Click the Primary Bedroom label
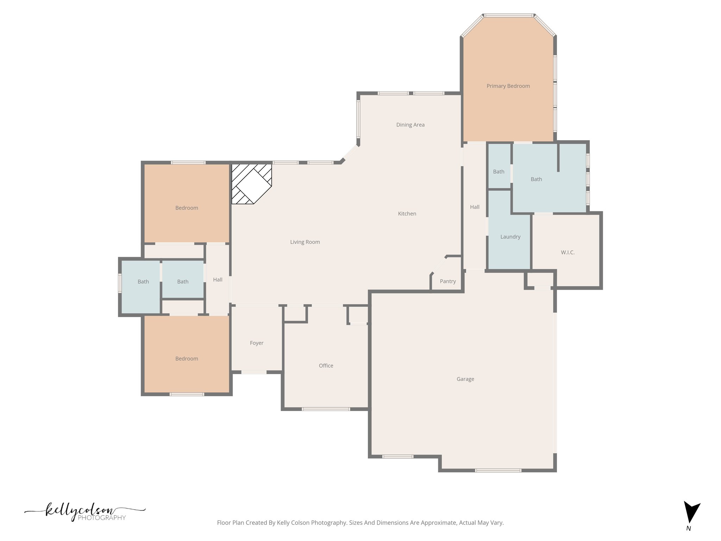point(508,86)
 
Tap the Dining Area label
point(410,125)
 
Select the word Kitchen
point(407,213)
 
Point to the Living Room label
point(305,242)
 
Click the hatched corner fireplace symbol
point(251,184)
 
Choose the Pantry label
point(447,281)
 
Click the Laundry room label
point(510,237)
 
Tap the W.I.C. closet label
point(568,252)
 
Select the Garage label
point(465,379)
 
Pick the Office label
point(326,366)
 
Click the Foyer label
point(256,343)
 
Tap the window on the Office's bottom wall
point(326,409)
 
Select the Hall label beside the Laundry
point(475,207)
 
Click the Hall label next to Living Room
point(218,279)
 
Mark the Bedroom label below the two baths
point(187,359)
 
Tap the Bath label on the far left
point(143,281)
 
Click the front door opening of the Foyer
point(254,372)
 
